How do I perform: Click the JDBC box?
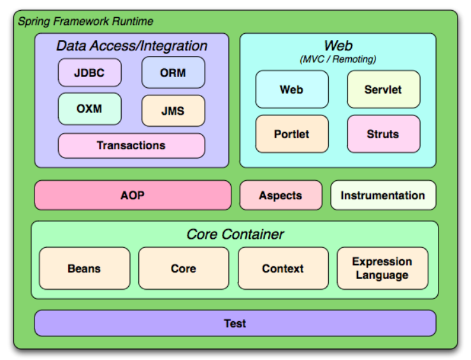tap(89, 73)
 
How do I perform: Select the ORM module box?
tap(173, 73)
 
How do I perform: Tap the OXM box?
tap(89, 109)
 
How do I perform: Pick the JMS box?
tap(173, 111)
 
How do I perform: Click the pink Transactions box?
tap(131, 146)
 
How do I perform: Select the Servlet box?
tap(383, 90)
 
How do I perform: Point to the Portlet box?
tap(292, 134)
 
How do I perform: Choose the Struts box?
tap(383, 134)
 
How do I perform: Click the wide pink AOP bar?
tap(133, 196)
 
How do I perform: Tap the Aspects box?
tap(280, 196)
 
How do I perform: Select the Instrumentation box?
tap(382, 196)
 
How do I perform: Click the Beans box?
tap(84, 269)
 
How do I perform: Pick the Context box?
tap(283, 269)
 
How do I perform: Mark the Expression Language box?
tap(382, 269)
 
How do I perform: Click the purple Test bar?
tap(235, 324)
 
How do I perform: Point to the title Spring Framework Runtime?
tap(85, 22)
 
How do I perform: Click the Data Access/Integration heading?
tap(132, 46)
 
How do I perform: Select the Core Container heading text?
tap(235, 234)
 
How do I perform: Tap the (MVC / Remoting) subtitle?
tap(338, 59)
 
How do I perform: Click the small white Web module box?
tap(292, 90)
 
